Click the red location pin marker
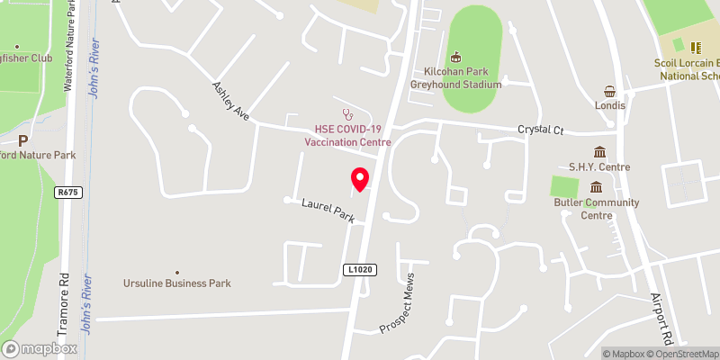[x=360, y=179]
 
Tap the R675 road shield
[x=67, y=192]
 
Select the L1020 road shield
[x=357, y=269]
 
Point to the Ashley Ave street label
[x=229, y=102]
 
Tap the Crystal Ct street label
[x=540, y=130]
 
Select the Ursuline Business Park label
[x=177, y=283]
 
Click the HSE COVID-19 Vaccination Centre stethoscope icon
[x=347, y=113]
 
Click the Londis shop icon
[x=609, y=91]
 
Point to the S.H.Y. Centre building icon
[x=598, y=152]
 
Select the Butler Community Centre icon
[x=596, y=187]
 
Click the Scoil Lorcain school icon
[x=695, y=47]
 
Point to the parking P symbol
[x=23, y=139]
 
